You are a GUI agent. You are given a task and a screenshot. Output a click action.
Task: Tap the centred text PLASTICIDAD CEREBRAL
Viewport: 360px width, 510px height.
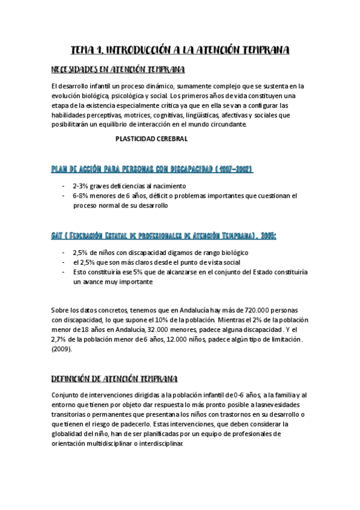click(151, 139)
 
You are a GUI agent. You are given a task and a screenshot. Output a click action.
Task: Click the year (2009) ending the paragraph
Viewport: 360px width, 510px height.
click(63, 349)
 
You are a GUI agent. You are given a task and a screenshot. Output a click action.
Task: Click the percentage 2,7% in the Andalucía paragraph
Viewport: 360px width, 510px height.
click(61, 339)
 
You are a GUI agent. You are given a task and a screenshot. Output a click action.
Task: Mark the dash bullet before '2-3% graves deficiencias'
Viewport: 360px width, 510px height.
click(64, 186)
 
